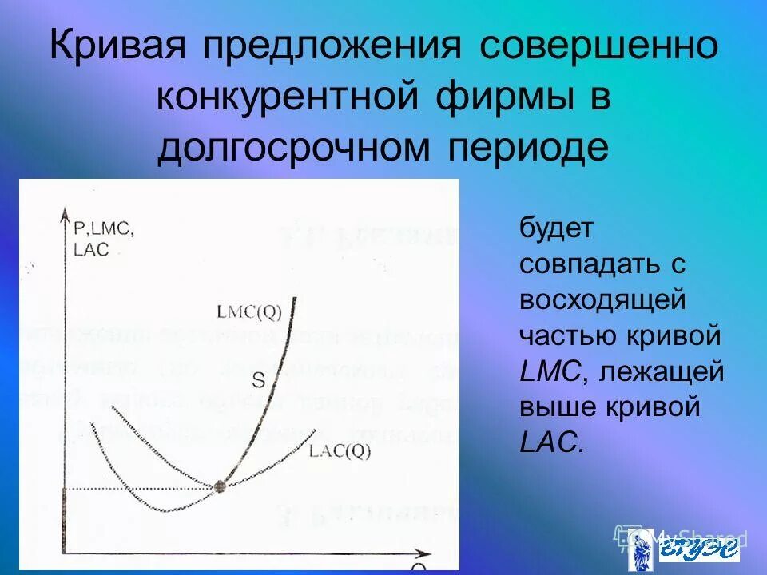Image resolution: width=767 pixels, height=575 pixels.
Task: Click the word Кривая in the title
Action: pos(121,46)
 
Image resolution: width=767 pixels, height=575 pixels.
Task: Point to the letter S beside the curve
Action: pos(259,381)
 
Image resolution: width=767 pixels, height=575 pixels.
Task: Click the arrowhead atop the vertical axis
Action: pos(63,213)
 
